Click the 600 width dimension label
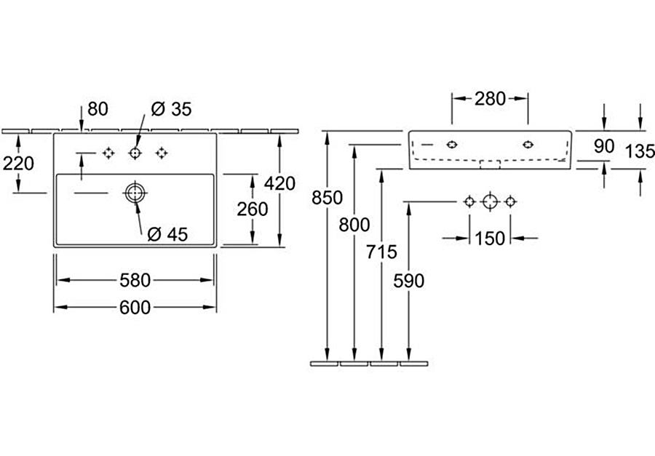tap(135, 308)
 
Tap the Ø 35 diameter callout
tap(171, 109)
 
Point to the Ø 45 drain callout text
tap(167, 234)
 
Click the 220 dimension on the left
tap(18, 164)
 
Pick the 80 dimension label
tap(98, 109)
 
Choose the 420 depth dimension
tap(281, 183)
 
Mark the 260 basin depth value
tap(253, 209)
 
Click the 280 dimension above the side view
tap(490, 99)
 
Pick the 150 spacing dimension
tap(489, 238)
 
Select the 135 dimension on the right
tap(640, 152)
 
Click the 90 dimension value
tap(604, 146)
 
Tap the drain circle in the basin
tap(135, 193)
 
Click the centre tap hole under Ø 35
tap(135, 153)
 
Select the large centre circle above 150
tap(490, 201)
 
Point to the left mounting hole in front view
tap(452, 144)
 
